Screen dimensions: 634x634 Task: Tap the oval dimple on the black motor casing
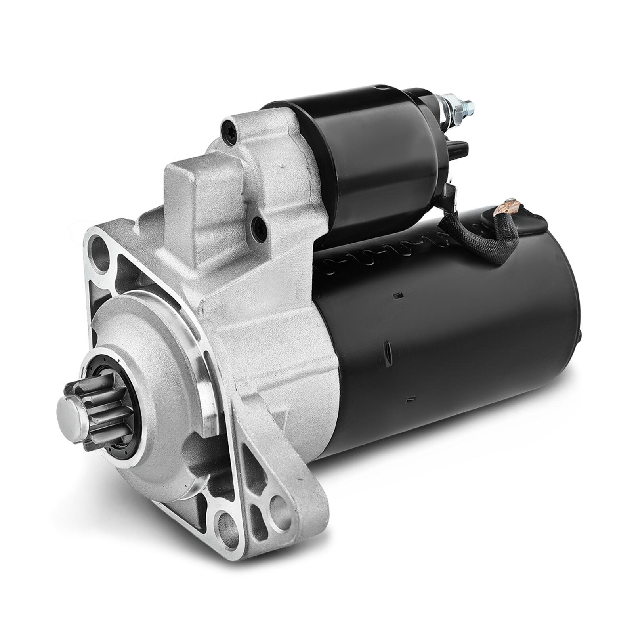click(387, 351)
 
